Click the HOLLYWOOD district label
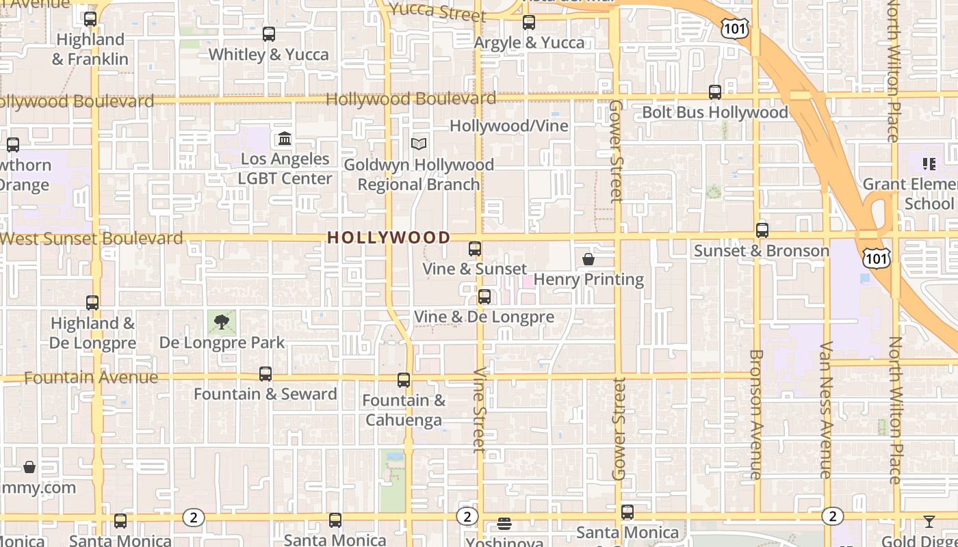(389, 237)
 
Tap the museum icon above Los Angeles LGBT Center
(285, 139)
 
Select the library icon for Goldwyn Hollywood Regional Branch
(419, 144)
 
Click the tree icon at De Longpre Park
(221, 321)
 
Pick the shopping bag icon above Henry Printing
(588, 259)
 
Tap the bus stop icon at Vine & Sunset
(475, 249)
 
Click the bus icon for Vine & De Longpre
(484, 297)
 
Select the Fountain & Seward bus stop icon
(266, 374)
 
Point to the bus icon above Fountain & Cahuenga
(404, 380)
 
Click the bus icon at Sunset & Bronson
(762, 230)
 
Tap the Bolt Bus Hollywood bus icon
(715, 92)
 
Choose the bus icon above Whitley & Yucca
(269, 34)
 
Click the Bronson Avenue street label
(756, 414)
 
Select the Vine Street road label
(479, 410)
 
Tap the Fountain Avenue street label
(91, 377)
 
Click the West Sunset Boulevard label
(92, 239)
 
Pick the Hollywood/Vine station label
(508, 126)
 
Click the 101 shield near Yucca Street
(734, 28)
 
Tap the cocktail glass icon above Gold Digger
(929, 522)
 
